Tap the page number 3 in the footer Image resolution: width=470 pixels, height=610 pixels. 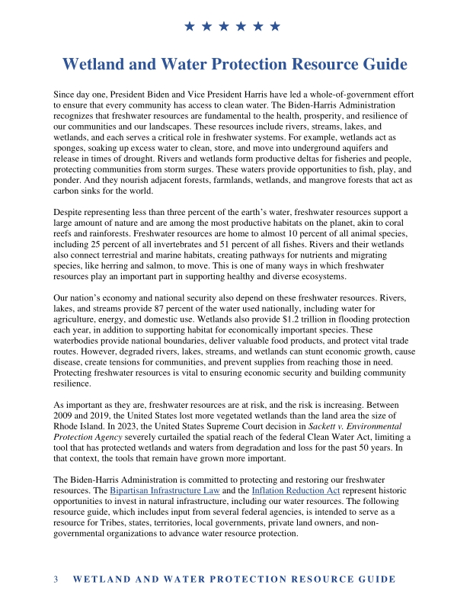point(56,579)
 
